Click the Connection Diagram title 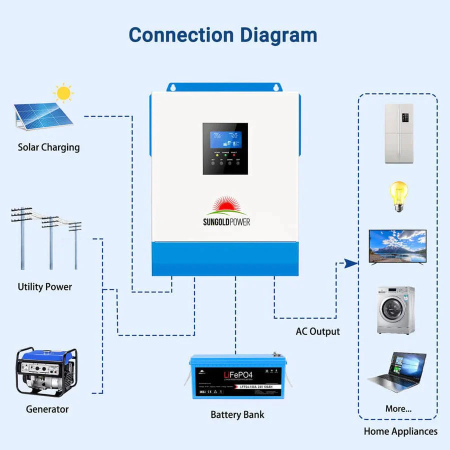223,35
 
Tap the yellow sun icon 63,93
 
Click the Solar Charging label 48,147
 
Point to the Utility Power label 45,287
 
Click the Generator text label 47,409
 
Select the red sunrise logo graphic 225,205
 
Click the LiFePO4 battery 234,376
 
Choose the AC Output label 317,331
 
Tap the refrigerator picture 398,133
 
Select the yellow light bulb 398,195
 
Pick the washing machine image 395,310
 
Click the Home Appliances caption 400,431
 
